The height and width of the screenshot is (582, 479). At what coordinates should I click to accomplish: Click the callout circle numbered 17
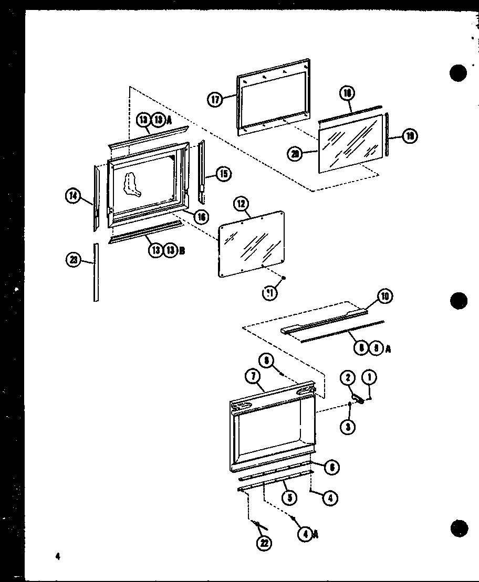coord(215,99)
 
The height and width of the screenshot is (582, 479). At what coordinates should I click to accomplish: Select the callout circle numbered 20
coord(295,154)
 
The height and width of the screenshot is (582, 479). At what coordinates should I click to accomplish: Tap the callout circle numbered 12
coord(243,205)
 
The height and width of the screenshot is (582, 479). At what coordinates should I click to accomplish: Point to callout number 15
coord(224,174)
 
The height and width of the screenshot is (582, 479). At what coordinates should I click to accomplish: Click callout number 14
coord(73,197)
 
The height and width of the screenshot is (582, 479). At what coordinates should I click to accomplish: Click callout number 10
coord(384,297)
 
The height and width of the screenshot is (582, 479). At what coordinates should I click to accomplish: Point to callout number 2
coord(346,378)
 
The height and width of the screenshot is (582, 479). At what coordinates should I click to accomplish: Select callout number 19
coord(409,136)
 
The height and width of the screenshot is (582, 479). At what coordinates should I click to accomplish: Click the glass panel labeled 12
coord(252,241)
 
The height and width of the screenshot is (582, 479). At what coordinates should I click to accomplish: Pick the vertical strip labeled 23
coord(96,273)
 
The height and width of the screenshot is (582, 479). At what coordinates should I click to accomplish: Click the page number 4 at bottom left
coord(58,557)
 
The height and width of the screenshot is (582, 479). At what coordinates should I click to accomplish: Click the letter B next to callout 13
coord(182,251)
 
